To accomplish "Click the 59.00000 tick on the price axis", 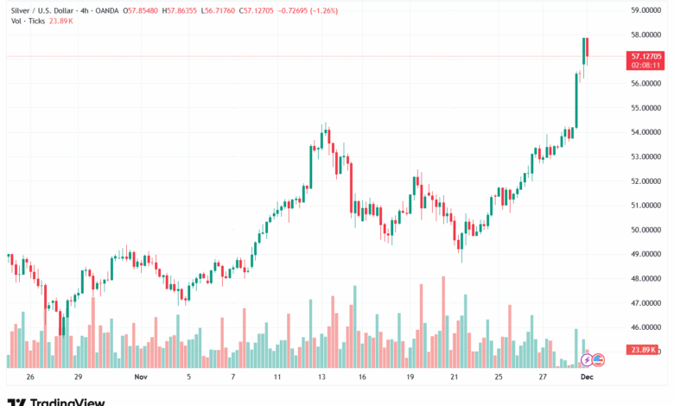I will (x=647, y=10).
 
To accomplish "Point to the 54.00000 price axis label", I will (x=647, y=132).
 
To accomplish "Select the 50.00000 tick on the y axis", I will (x=647, y=230).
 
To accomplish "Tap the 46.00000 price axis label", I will (x=647, y=327).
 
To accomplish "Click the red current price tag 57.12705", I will (x=647, y=55).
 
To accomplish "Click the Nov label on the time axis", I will (x=141, y=377).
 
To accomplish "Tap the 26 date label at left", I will (x=30, y=377).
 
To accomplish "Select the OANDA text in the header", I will (x=106, y=10).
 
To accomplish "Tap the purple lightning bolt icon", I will (x=588, y=359).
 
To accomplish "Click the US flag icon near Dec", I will (x=598, y=359).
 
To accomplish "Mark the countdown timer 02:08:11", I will (x=647, y=65).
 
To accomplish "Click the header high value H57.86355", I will (x=181, y=10).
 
